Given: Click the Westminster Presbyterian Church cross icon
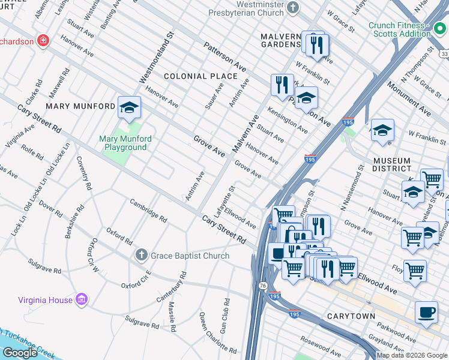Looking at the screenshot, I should tap(293, 7).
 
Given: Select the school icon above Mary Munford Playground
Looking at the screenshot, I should tap(129, 107).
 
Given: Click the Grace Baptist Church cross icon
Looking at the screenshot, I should tap(141, 256).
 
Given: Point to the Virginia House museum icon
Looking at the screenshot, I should tap(82, 299).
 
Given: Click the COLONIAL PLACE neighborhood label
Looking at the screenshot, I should tap(201, 76).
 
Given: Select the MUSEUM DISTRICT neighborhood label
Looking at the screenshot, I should tap(391, 166).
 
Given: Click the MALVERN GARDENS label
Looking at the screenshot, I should tap(280, 40).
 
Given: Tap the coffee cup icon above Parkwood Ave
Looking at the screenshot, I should tap(426, 312).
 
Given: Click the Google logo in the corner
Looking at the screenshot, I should tap(20, 352).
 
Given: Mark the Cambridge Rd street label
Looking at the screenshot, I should tap(148, 209).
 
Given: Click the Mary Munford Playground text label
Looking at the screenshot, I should tap(125, 143).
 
